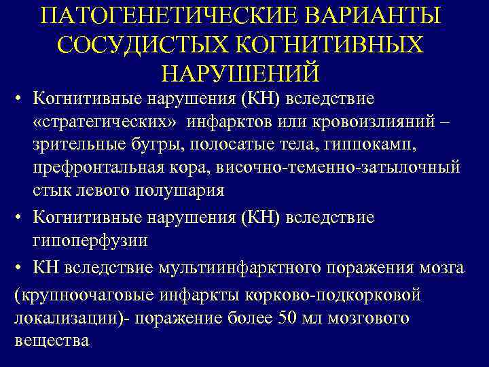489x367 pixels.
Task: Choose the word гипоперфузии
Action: (x=90, y=241)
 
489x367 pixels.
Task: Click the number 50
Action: (x=289, y=318)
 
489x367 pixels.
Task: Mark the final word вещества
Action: (x=52, y=340)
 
